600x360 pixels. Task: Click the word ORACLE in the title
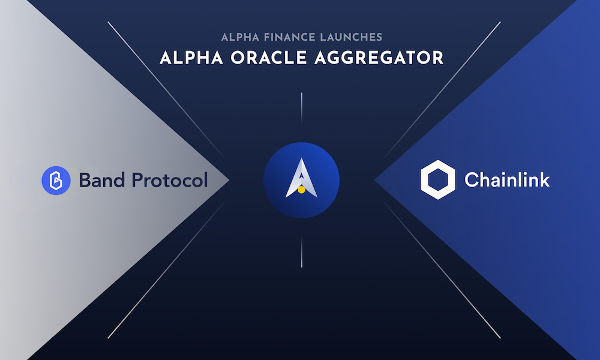point(269,58)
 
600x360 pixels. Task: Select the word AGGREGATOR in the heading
point(379,58)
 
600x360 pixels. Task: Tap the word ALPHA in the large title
point(191,58)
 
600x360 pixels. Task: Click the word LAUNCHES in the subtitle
point(351,37)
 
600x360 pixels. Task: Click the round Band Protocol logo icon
point(56,181)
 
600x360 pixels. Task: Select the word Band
point(102,180)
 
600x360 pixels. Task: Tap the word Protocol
point(170,180)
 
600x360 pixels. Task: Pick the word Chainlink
point(507,180)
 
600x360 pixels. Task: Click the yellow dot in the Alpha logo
point(302,190)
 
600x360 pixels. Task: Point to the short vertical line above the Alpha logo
point(302,107)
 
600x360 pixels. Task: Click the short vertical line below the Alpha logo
point(302,252)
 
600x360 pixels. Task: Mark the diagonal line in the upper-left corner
point(166,90)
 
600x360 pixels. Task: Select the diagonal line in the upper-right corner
point(442,90)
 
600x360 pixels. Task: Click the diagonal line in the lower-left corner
point(166,270)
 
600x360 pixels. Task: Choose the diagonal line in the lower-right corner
point(442,270)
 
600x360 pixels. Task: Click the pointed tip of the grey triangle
point(229,180)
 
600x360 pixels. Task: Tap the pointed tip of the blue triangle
point(375,180)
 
